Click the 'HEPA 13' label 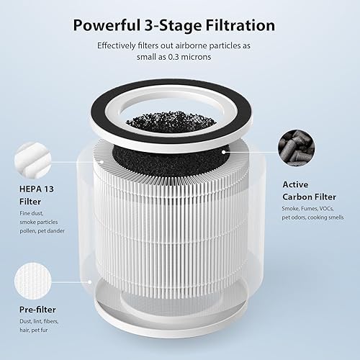[30, 189]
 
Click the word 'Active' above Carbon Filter [294, 184]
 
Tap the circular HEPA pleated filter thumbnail [32, 158]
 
